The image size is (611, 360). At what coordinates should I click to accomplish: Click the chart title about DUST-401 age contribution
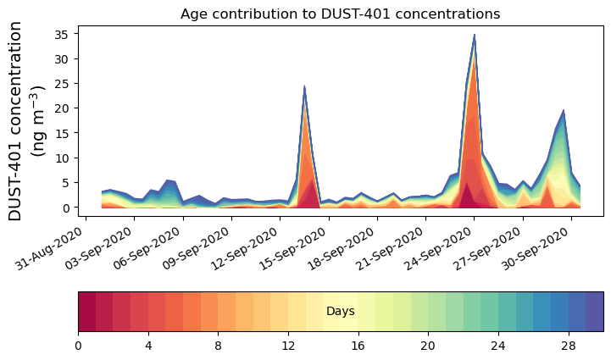[340, 14]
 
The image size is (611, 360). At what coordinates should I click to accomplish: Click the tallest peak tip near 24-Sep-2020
[475, 35]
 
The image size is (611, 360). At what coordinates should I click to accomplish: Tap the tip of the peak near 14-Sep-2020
[304, 86]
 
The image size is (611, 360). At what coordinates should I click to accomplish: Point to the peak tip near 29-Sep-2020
[564, 110]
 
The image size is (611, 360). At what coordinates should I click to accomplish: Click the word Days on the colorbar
[340, 312]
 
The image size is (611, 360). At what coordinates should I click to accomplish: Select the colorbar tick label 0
[78, 345]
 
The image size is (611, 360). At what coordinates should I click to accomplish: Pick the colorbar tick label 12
[288, 345]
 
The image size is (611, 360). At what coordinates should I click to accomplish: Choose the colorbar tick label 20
[428, 345]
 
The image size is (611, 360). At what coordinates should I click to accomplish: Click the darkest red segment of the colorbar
[86, 311]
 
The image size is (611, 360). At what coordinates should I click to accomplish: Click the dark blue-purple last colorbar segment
[594, 311]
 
